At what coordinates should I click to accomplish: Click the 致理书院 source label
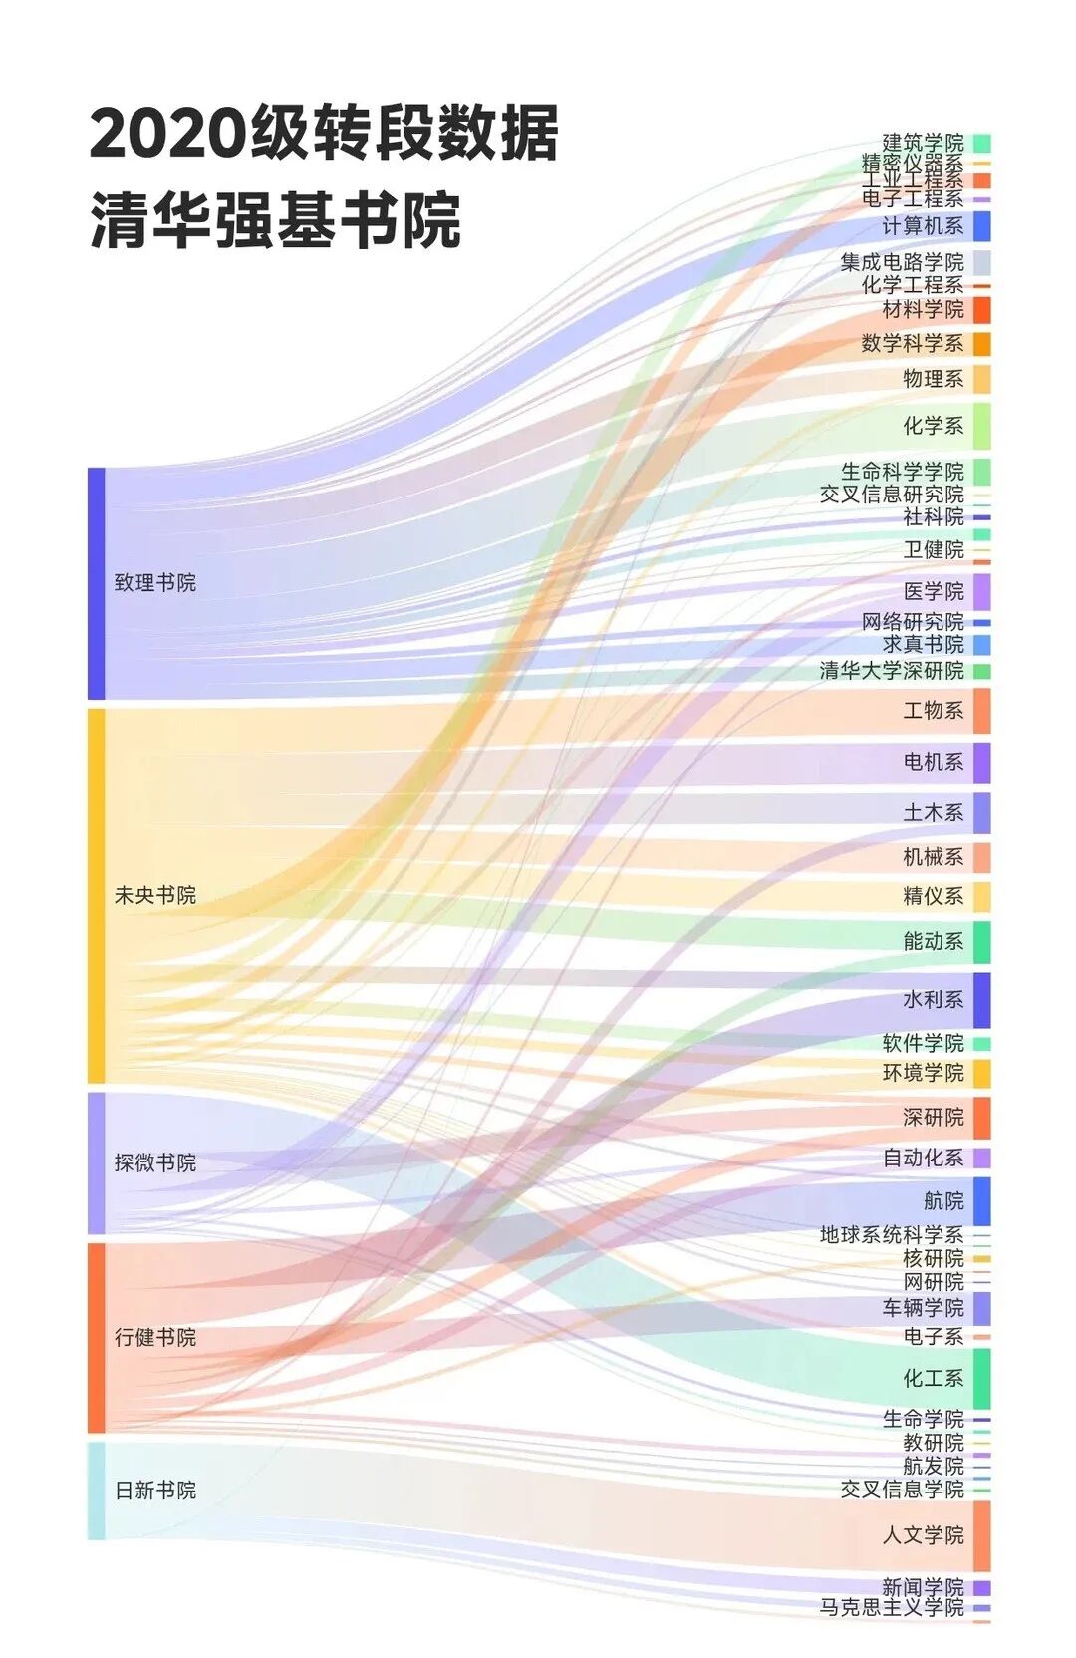(154, 583)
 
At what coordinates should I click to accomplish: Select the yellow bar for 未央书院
(96, 895)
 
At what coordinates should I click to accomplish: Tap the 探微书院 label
(154, 1162)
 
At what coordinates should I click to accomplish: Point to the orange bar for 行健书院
(96, 1337)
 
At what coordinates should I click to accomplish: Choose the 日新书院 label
(154, 1491)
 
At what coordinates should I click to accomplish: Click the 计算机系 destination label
(923, 226)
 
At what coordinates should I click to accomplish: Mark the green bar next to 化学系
(981, 426)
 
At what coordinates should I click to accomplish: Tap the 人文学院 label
(923, 1535)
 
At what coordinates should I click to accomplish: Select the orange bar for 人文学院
(981, 1535)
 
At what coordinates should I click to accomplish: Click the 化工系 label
(933, 1379)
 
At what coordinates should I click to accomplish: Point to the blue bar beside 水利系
(981, 999)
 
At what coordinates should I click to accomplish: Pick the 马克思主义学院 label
(892, 1607)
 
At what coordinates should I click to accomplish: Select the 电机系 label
(933, 762)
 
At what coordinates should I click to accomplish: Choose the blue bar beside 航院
(981, 1201)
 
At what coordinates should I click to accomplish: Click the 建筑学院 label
(923, 143)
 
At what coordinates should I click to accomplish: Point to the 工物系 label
(933, 710)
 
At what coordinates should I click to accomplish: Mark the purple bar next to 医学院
(981, 591)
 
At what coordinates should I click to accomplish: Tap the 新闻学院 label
(923, 1587)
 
